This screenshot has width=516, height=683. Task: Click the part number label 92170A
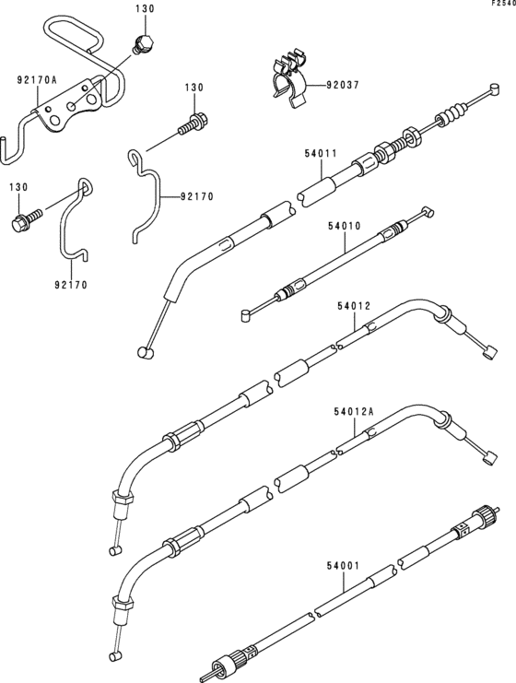(x=37, y=80)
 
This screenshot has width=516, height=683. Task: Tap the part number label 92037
(x=343, y=85)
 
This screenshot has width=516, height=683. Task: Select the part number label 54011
(x=321, y=153)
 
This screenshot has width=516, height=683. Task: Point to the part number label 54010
(x=345, y=226)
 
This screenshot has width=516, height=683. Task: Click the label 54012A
(x=354, y=412)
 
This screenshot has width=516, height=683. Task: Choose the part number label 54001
(x=343, y=566)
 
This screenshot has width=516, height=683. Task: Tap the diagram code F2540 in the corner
(x=504, y=3)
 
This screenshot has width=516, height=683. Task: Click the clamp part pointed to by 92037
(x=287, y=80)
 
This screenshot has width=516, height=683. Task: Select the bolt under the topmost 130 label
(x=143, y=44)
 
